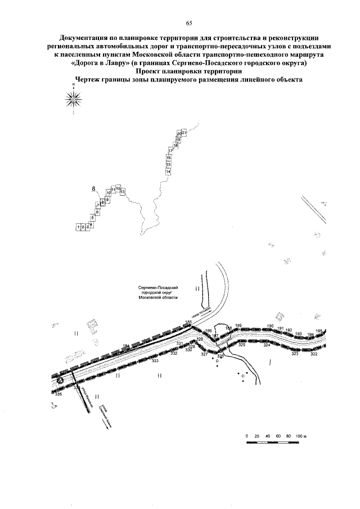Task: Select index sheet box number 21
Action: coord(184,132)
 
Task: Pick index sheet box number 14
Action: coord(168,171)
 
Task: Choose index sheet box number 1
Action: coord(78,227)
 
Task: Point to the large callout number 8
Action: coord(94,190)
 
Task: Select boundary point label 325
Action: coord(242,344)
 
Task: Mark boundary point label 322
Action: coord(314,354)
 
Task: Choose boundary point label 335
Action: coord(58,394)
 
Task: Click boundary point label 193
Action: coord(299,334)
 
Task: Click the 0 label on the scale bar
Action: coord(246,436)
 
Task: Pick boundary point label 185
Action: coord(188,322)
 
